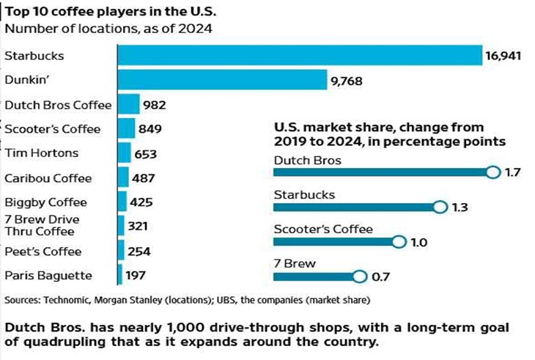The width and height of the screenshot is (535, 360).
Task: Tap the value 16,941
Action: click(x=502, y=56)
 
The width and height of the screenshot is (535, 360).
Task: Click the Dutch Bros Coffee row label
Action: click(x=58, y=105)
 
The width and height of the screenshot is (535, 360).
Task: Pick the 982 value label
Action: click(x=155, y=105)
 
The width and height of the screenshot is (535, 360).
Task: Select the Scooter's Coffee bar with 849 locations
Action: click(x=126, y=129)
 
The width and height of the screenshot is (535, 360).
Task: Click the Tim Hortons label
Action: click(x=41, y=153)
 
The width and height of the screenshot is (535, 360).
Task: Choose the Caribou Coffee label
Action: click(x=48, y=177)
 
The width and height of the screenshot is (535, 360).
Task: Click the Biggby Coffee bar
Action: click(x=122, y=202)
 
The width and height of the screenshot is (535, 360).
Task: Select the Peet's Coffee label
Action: click(x=43, y=251)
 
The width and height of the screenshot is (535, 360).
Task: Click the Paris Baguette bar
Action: click(x=119, y=275)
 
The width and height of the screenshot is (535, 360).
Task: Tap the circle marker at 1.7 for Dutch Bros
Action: click(x=491, y=172)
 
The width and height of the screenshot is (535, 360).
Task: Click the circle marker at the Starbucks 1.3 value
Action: click(x=440, y=207)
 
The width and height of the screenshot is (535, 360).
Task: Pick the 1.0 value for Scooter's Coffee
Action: click(x=419, y=242)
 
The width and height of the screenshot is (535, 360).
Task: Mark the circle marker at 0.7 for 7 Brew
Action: click(x=358, y=276)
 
